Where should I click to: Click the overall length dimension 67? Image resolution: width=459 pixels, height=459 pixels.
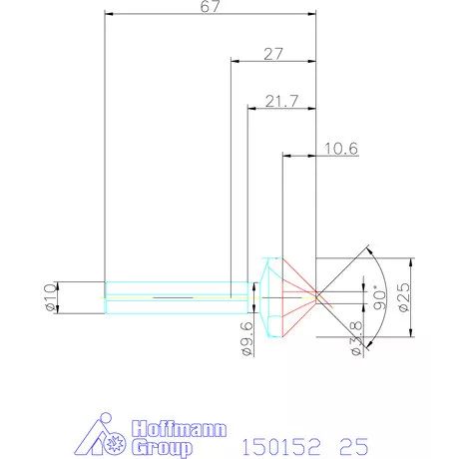click(210, 7)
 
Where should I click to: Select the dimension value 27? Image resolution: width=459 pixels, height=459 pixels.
click(273, 54)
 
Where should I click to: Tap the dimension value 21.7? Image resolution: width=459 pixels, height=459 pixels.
click(281, 101)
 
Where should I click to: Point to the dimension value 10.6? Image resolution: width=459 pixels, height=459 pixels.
click(341, 149)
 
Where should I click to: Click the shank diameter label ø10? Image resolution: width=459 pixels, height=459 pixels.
click(50, 297)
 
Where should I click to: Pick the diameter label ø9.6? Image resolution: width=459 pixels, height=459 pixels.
click(247, 339)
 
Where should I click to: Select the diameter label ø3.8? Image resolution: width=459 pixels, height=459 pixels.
click(357, 338)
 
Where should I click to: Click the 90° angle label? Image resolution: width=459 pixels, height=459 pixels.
click(379, 297)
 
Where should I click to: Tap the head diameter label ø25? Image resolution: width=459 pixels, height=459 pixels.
click(404, 297)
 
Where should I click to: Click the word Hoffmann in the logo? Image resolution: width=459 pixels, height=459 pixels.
click(179, 429)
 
